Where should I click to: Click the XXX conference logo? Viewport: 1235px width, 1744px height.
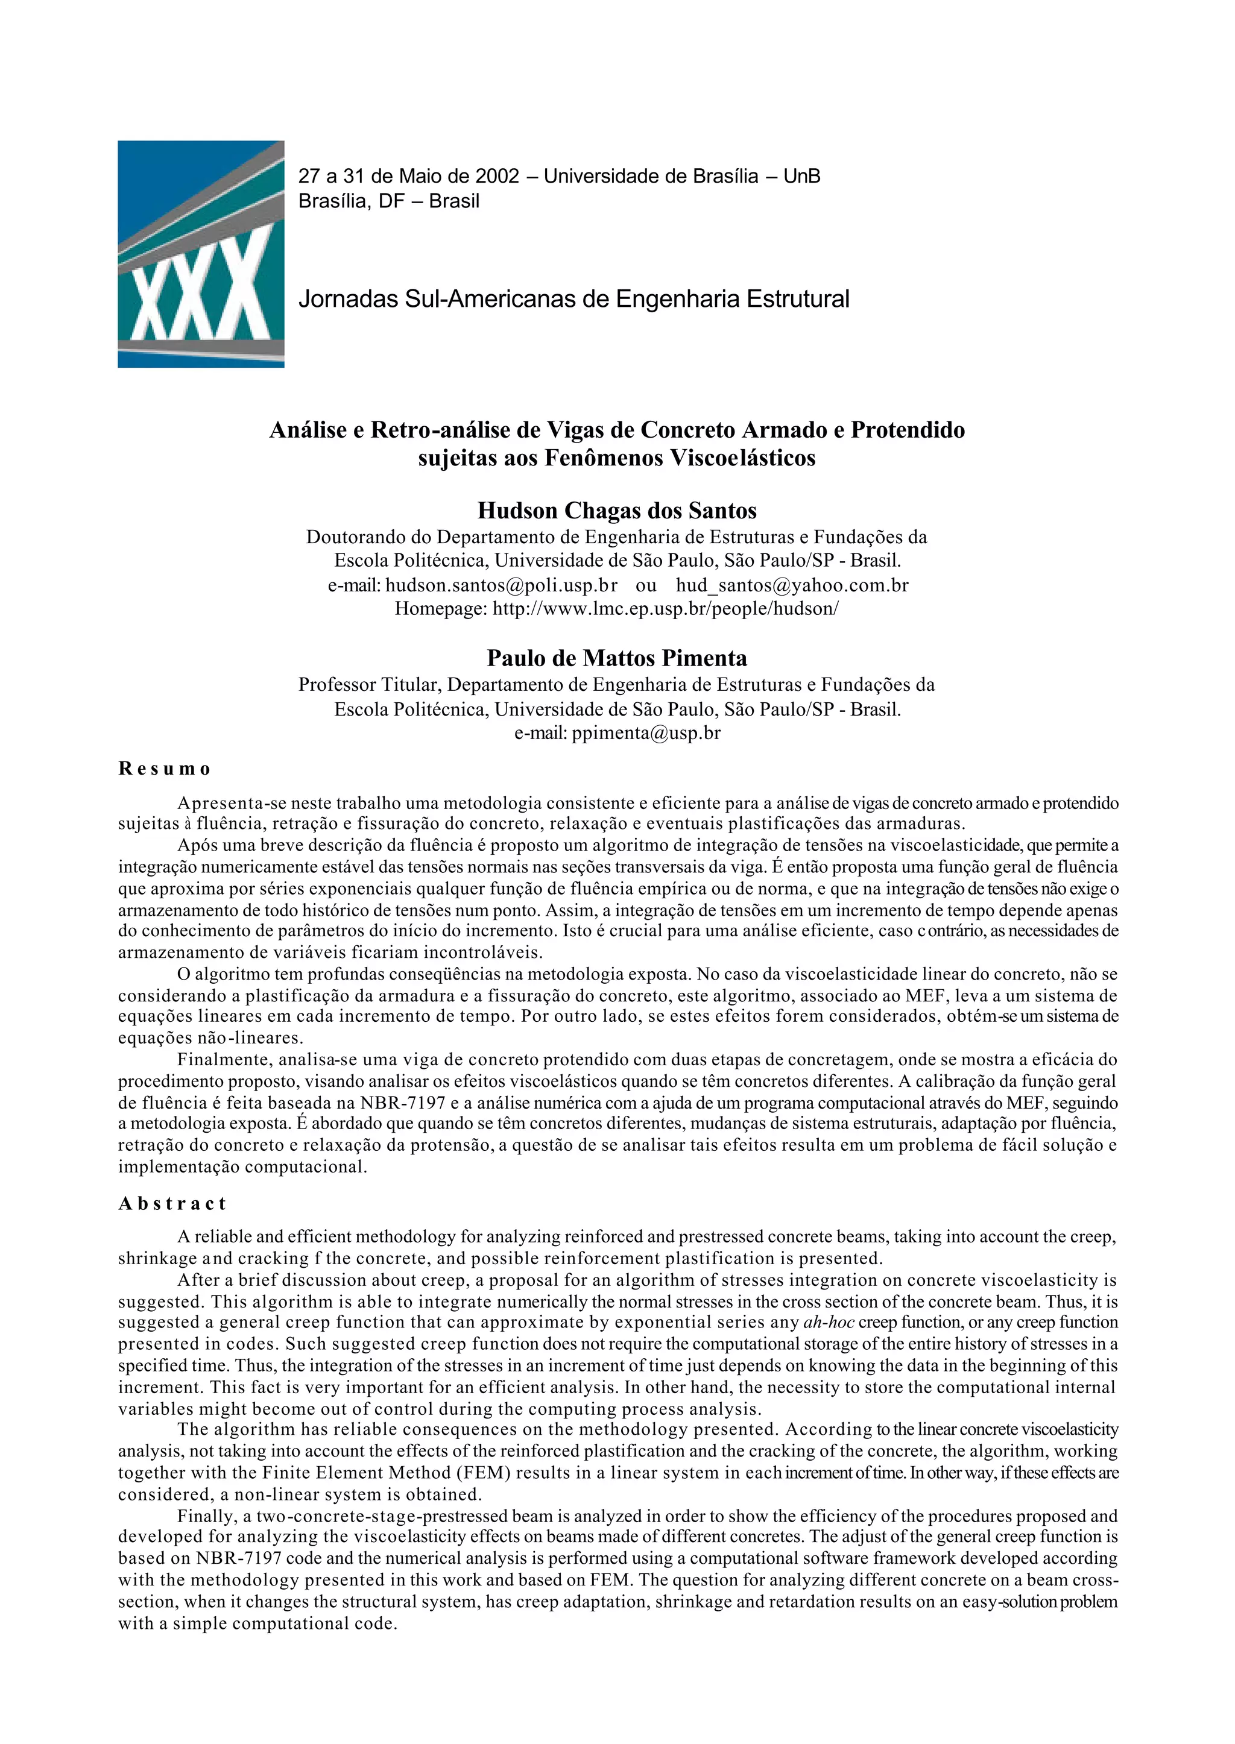click(x=201, y=254)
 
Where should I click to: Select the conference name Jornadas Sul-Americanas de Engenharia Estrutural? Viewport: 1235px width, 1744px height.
click(x=573, y=299)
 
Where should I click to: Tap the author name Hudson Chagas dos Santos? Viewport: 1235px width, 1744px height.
click(x=617, y=510)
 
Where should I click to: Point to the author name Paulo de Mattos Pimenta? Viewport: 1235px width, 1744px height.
click(x=617, y=658)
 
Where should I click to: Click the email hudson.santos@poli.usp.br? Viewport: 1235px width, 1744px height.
click(x=501, y=585)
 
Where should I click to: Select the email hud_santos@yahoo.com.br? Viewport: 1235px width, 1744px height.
click(x=792, y=585)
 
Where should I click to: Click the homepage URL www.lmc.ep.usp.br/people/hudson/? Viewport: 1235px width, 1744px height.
click(x=665, y=609)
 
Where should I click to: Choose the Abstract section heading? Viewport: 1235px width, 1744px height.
click(x=172, y=1203)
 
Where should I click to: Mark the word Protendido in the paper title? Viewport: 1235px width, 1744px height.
click(x=907, y=430)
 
